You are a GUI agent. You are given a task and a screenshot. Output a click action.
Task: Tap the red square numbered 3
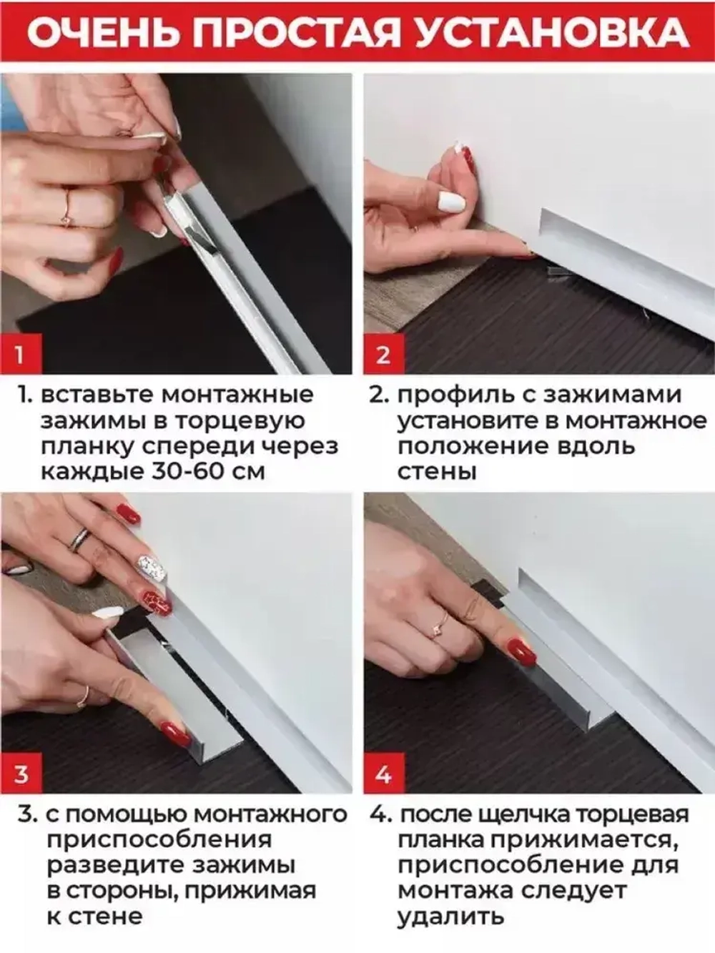(20, 774)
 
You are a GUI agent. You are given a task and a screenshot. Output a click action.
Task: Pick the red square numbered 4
(383, 774)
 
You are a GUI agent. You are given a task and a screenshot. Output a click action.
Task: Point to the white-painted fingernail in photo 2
(451, 202)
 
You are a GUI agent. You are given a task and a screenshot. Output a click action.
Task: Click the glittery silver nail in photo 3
(150, 571)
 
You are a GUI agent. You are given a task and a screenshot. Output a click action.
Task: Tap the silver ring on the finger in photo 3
(80, 538)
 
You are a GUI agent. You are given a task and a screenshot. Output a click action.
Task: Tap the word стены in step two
(437, 472)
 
